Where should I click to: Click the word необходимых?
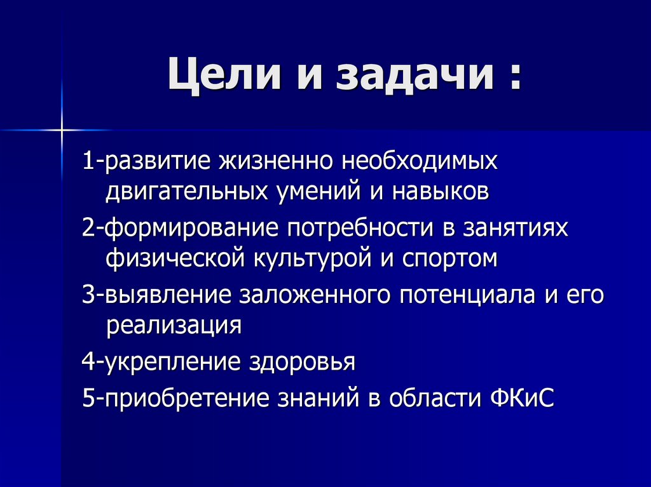tap(420, 161)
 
